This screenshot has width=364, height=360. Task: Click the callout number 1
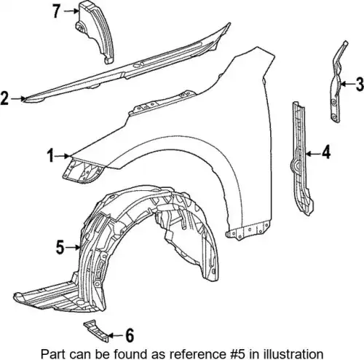(x=50, y=156)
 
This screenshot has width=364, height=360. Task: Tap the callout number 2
(x=4, y=98)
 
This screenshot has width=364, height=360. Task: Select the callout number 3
(x=360, y=84)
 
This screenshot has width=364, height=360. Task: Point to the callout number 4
(x=326, y=153)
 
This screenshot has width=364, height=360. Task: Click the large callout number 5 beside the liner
(x=60, y=247)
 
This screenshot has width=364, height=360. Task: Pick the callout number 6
(x=130, y=335)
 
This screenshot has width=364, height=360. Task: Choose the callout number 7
(x=57, y=11)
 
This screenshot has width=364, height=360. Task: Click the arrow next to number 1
(x=62, y=156)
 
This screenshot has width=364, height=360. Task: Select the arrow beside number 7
(x=71, y=11)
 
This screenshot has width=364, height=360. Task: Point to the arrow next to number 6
(x=116, y=335)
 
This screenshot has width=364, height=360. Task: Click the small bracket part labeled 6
(x=97, y=331)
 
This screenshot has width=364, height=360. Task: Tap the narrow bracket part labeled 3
(x=339, y=82)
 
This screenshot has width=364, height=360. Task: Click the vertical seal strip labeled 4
(x=301, y=158)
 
